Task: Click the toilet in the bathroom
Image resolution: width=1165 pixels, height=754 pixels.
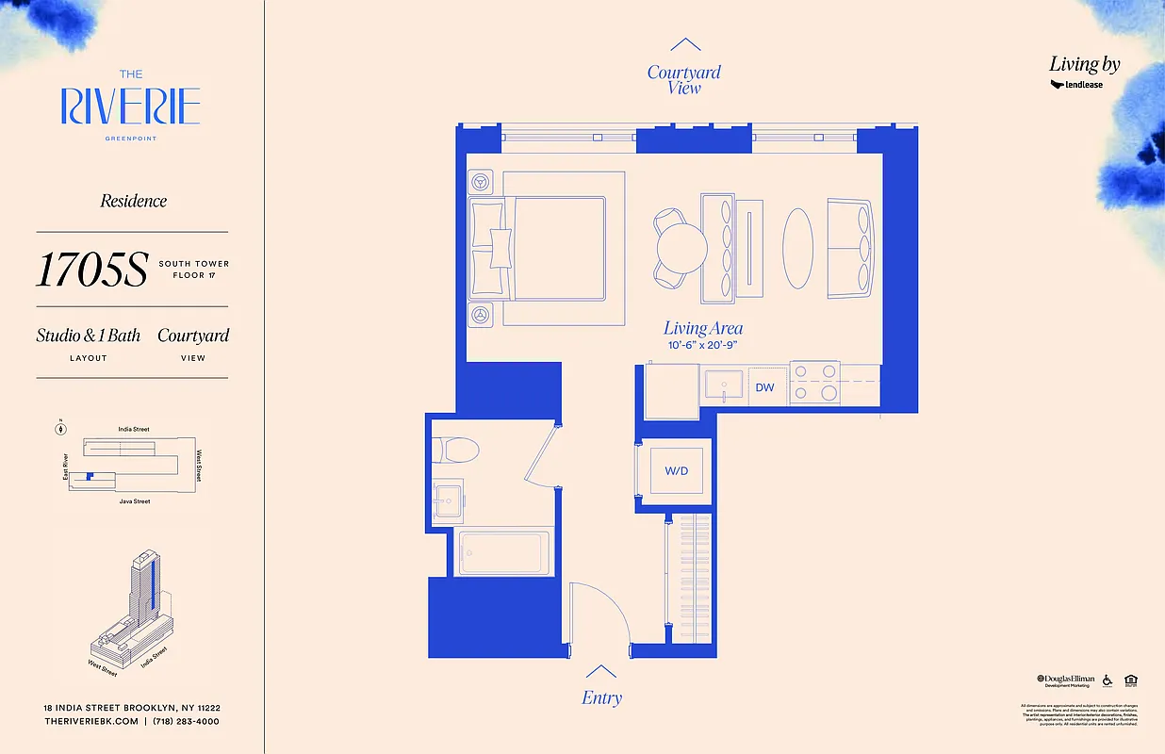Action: click(457, 450)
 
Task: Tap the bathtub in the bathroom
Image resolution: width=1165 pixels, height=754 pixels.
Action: click(502, 552)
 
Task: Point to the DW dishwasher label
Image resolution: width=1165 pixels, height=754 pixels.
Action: click(764, 387)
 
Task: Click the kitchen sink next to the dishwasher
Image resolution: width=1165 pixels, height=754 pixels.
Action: click(725, 385)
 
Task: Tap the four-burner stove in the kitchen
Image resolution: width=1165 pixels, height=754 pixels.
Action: click(815, 384)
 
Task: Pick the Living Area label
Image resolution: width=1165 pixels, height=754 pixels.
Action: click(703, 328)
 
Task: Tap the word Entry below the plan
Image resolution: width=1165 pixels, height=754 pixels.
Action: click(601, 698)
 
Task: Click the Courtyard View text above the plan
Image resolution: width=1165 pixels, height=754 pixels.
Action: click(684, 79)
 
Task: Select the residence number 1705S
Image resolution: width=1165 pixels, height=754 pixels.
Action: click(92, 270)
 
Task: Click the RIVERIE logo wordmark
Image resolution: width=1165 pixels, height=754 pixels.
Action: click(131, 107)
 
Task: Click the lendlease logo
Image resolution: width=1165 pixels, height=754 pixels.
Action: click(1076, 85)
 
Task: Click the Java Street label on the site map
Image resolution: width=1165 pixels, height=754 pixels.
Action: click(134, 501)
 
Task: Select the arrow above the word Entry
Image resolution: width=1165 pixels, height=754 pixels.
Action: click(601, 671)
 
